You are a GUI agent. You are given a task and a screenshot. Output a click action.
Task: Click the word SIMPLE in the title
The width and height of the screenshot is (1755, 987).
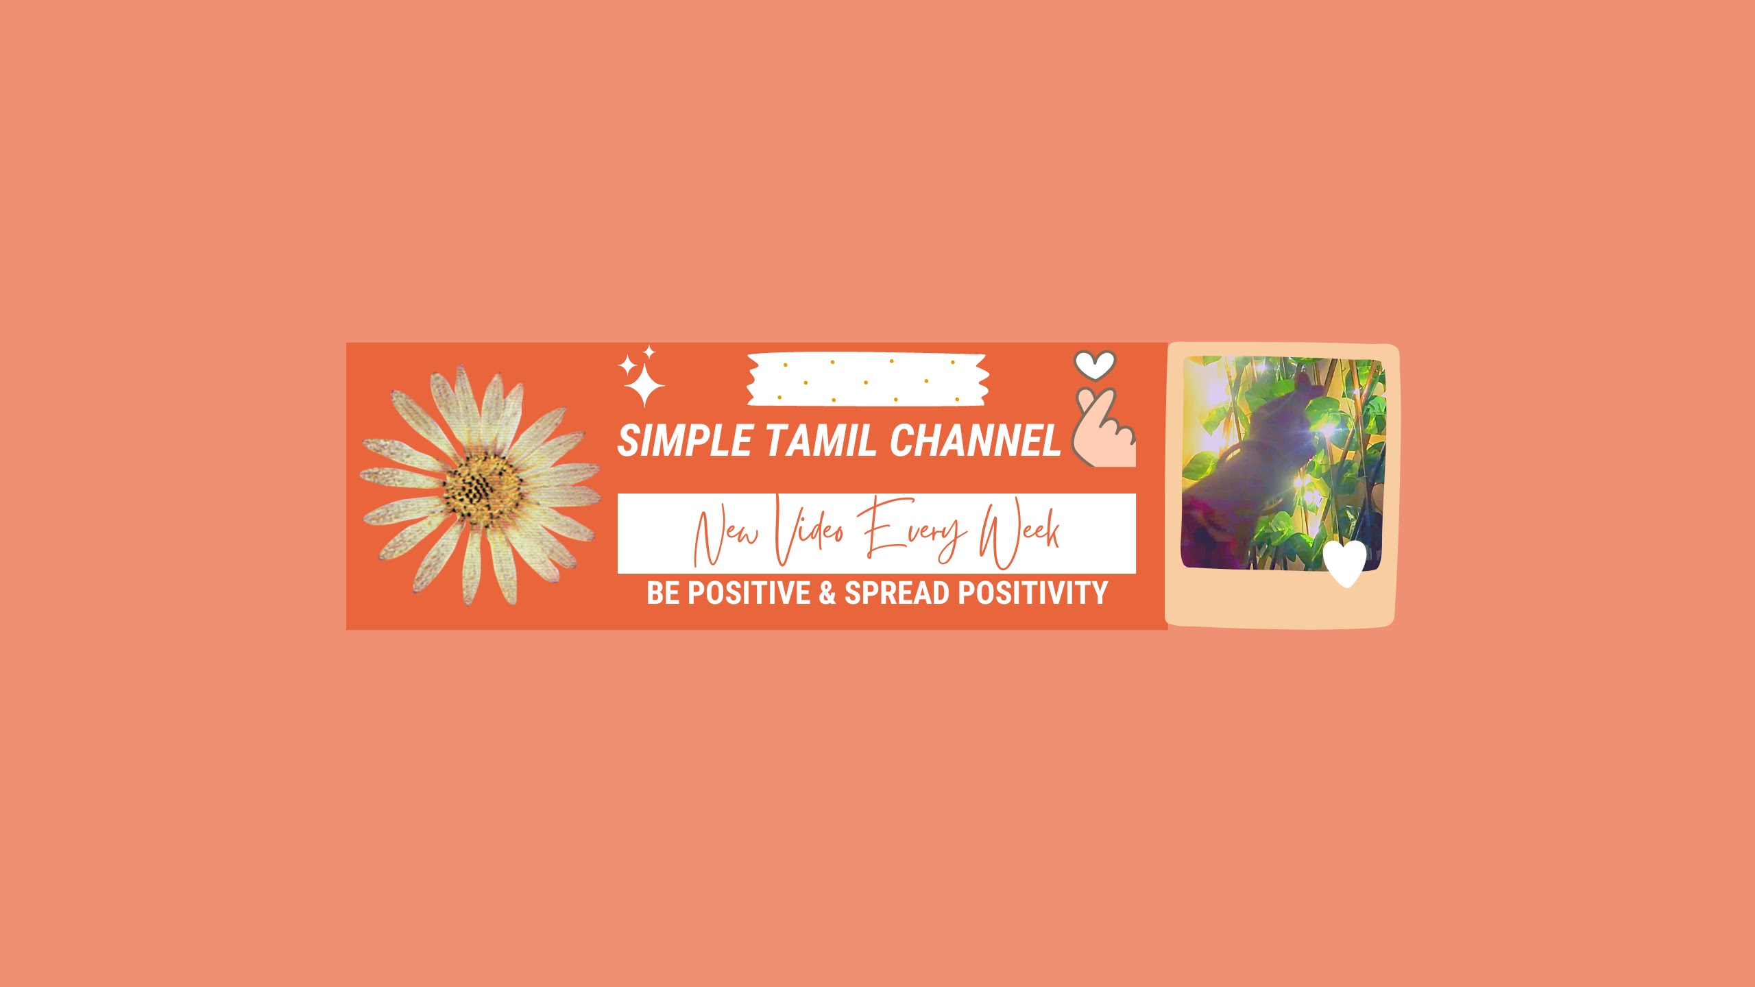[x=685, y=440]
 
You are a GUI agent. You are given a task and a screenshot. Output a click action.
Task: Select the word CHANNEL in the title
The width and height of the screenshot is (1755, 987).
[x=976, y=440]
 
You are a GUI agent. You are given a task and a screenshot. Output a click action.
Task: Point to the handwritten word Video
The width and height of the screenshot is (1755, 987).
[x=809, y=531]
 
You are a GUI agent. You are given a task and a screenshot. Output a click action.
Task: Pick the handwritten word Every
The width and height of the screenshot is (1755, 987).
[x=912, y=531]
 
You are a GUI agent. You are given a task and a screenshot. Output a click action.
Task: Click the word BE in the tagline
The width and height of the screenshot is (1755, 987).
[x=663, y=593]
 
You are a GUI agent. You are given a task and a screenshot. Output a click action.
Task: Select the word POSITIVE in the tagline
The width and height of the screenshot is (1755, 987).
[x=749, y=593]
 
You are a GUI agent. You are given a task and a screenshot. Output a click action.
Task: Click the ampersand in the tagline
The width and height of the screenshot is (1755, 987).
[x=827, y=593]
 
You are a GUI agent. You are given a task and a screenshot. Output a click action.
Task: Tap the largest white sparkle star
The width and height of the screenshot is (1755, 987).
[x=644, y=385]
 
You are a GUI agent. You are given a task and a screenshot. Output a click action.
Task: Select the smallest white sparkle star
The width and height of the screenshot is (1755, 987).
[x=649, y=352]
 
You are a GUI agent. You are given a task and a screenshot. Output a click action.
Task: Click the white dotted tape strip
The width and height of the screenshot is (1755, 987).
[x=867, y=380]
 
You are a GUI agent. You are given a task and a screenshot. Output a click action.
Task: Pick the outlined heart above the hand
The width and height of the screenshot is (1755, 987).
[x=1095, y=365]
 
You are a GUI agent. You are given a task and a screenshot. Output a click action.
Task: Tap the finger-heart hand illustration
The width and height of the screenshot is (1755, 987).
[x=1102, y=429]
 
